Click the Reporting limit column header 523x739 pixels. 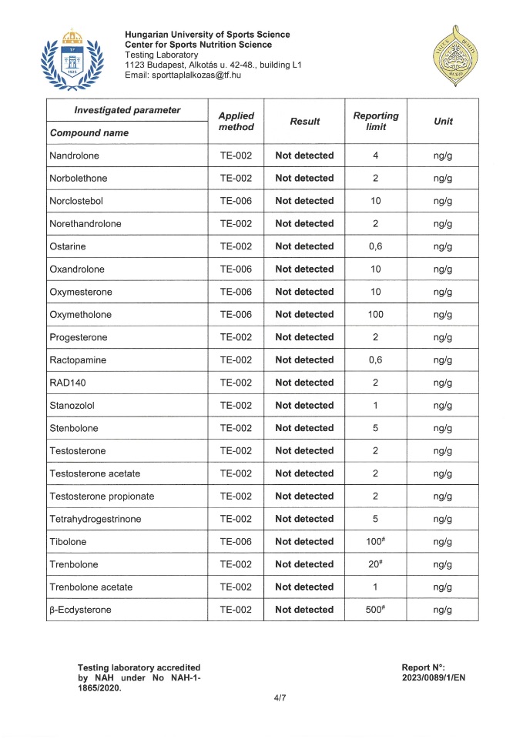pyautogui.click(x=376, y=121)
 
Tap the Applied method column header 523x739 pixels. pyautogui.click(x=236, y=121)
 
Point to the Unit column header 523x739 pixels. pyautogui.click(x=443, y=121)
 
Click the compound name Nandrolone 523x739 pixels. pyautogui.click(x=74, y=155)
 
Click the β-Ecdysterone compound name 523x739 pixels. pyautogui.click(x=79, y=610)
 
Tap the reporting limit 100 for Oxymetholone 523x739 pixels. pyautogui.click(x=376, y=314)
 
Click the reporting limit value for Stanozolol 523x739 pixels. pyautogui.click(x=376, y=405)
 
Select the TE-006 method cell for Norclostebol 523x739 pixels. pyautogui.click(x=236, y=201)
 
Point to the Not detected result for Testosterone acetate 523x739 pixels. pyautogui.click(x=304, y=473)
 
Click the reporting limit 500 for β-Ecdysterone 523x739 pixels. pyautogui.click(x=375, y=610)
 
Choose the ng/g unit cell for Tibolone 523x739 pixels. pyautogui.click(x=443, y=541)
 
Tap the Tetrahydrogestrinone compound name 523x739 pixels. pyautogui.click(x=95, y=519)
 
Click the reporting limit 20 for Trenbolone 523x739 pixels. pyautogui.click(x=375, y=564)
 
